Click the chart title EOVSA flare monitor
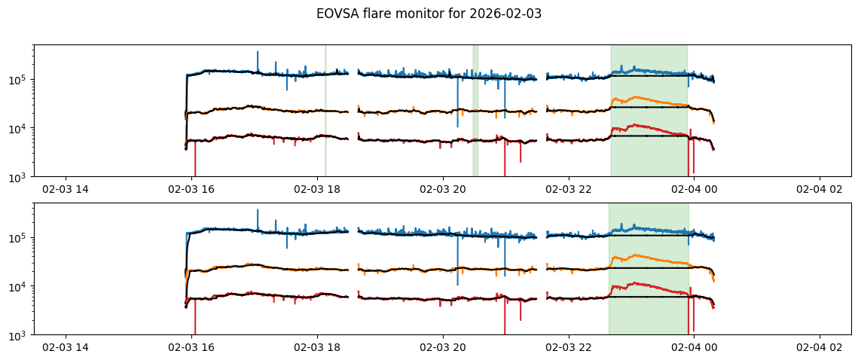point(430,14)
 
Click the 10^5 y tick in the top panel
point(19,80)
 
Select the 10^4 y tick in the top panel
point(19,129)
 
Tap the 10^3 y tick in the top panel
point(19,177)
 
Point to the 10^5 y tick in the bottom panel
point(19,238)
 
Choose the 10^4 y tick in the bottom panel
point(19,287)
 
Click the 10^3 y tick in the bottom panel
point(19,335)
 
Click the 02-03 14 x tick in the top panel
point(66,189)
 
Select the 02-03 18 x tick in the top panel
point(317,189)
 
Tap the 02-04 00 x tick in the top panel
point(694,189)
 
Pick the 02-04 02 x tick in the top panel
point(820,189)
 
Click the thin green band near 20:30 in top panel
point(475,113)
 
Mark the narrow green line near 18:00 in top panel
point(325,113)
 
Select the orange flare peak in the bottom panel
point(637,256)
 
